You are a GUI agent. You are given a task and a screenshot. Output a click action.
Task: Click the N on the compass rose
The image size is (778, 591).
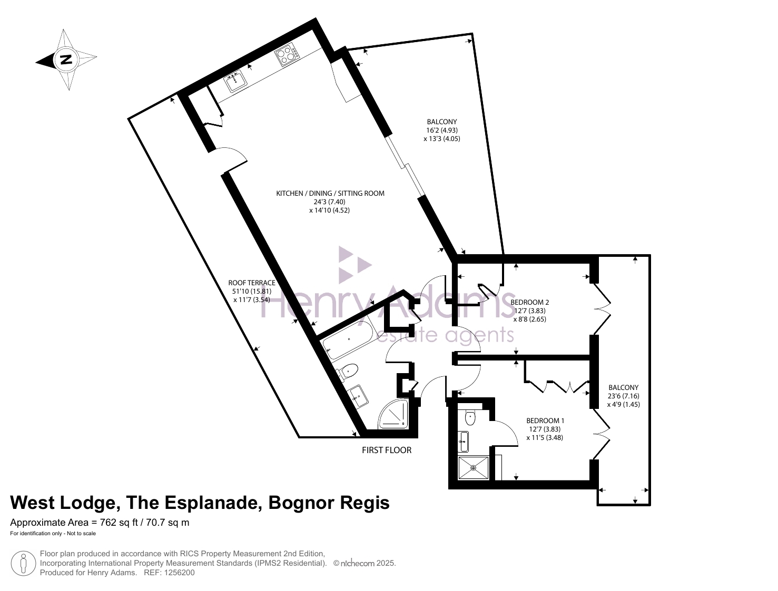[x=65, y=59]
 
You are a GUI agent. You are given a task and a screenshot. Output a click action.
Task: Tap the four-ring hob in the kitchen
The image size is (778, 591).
[x=287, y=55]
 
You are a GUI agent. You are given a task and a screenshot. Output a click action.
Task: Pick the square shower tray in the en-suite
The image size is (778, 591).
[x=474, y=468]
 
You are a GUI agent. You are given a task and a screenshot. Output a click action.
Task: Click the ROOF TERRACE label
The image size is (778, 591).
[x=252, y=283]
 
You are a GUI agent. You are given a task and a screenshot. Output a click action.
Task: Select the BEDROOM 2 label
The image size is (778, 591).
[x=529, y=302]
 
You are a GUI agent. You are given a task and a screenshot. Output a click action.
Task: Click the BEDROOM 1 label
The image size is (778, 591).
[x=545, y=420]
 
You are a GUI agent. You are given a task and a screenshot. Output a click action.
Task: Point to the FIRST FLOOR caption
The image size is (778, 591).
[x=386, y=450]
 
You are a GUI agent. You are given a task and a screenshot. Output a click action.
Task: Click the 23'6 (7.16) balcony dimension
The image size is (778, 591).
[x=624, y=396]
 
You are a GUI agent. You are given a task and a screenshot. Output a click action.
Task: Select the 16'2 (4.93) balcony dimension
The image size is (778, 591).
[x=441, y=130]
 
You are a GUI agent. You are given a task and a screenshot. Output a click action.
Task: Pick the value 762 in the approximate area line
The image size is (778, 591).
[x=108, y=523]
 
